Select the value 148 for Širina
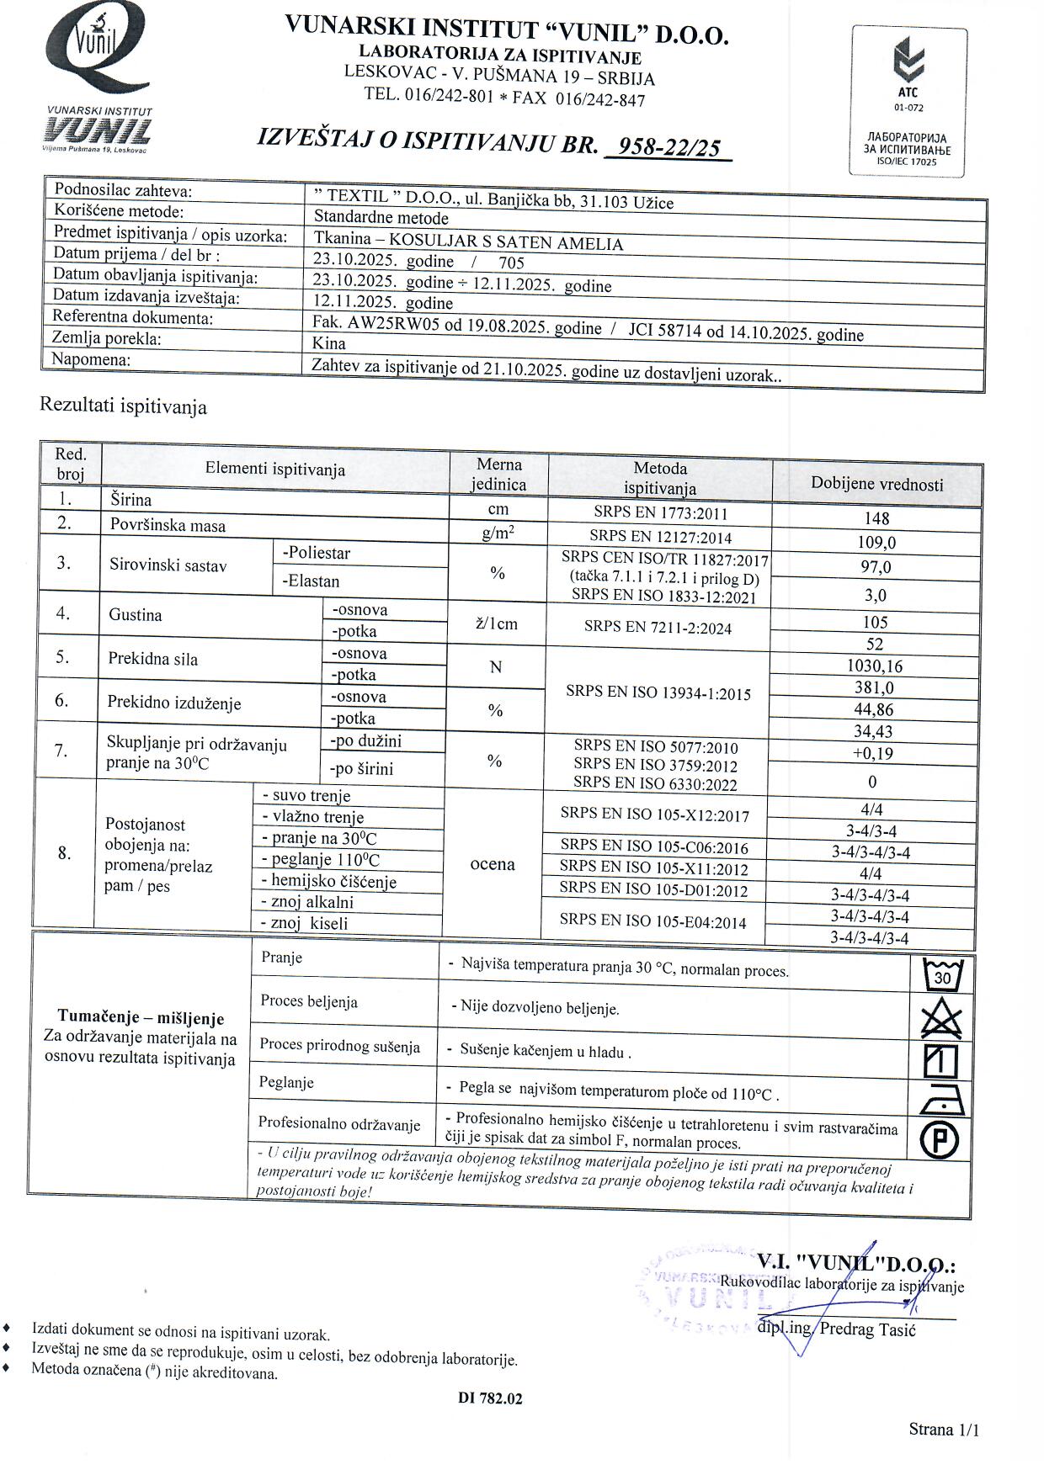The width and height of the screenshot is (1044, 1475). pyautogui.click(x=876, y=518)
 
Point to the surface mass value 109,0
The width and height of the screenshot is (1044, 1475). pyautogui.click(x=876, y=543)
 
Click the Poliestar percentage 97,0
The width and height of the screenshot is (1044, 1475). pyautogui.click(x=876, y=567)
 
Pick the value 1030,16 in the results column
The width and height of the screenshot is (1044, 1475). pyautogui.click(x=876, y=666)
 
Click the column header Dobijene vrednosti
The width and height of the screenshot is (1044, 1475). pyautogui.click(x=876, y=483)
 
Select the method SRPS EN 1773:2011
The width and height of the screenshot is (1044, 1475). pyautogui.click(x=659, y=513)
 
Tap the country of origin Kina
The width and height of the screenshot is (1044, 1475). pyautogui.click(x=328, y=343)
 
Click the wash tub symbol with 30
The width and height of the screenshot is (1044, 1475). pyautogui.click(x=942, y=976)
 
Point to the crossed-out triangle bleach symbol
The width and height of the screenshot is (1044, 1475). pyautogui.click(x=941, y=1019)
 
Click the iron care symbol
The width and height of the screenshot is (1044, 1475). pyautogui.click(x=940, y=1100)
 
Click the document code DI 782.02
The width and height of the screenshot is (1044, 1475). pyautogui.click(x=490, y=1398)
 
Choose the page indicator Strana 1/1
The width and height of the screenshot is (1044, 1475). pyautogui.click(x=944, y=1430)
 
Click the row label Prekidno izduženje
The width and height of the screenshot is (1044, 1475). pyautogui.click(x=174, y=703)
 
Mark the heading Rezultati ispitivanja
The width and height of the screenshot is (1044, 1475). pyautogui.click(x=123, y=407)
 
